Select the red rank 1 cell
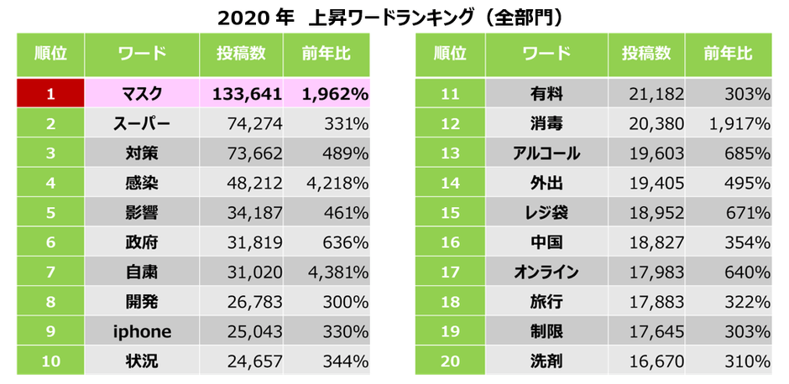click(50, 95)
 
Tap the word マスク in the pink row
click(142, 95)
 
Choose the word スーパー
click(142, 124)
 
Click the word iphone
click(142, 331)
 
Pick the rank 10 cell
click(50, 362)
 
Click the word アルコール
click(546, 153)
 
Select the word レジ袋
click(546, 213)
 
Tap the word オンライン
click(546, 272)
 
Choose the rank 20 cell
click(450, 362)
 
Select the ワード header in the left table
click(142, 54)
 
